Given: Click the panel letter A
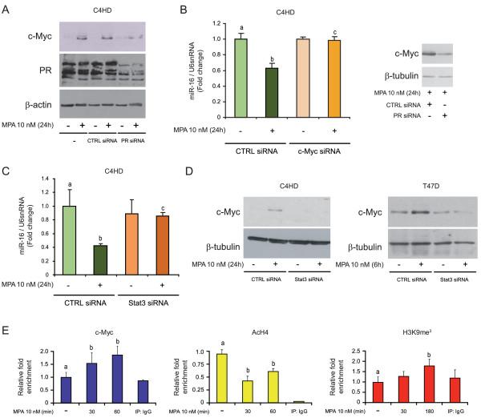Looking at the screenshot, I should pos(6,9).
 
